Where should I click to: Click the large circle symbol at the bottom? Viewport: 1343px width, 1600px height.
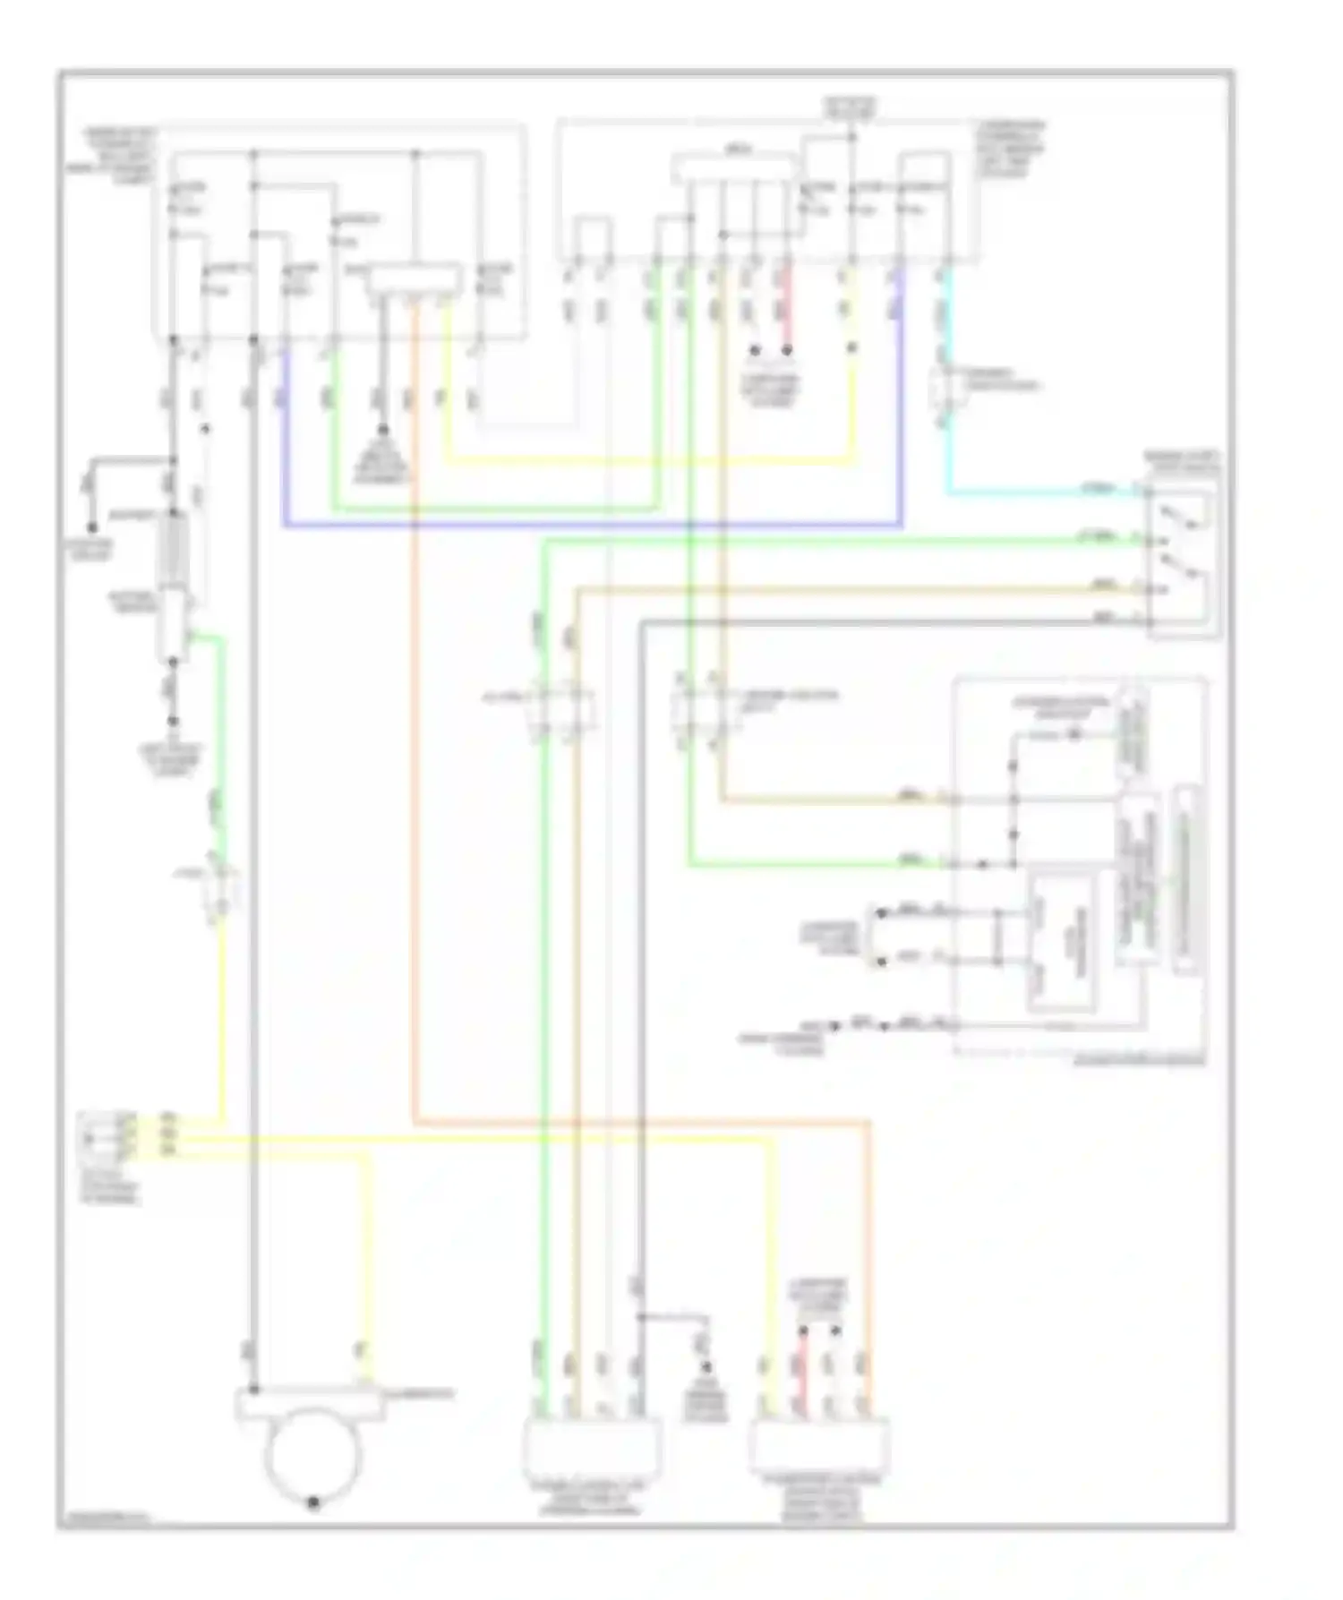312,1455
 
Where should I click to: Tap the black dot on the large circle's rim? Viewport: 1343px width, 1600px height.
312,1503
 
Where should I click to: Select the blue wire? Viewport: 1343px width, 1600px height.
591,525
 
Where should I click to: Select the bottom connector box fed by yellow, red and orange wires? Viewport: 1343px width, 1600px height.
819,1445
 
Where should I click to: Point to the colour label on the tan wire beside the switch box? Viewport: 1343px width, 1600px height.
1104,586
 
